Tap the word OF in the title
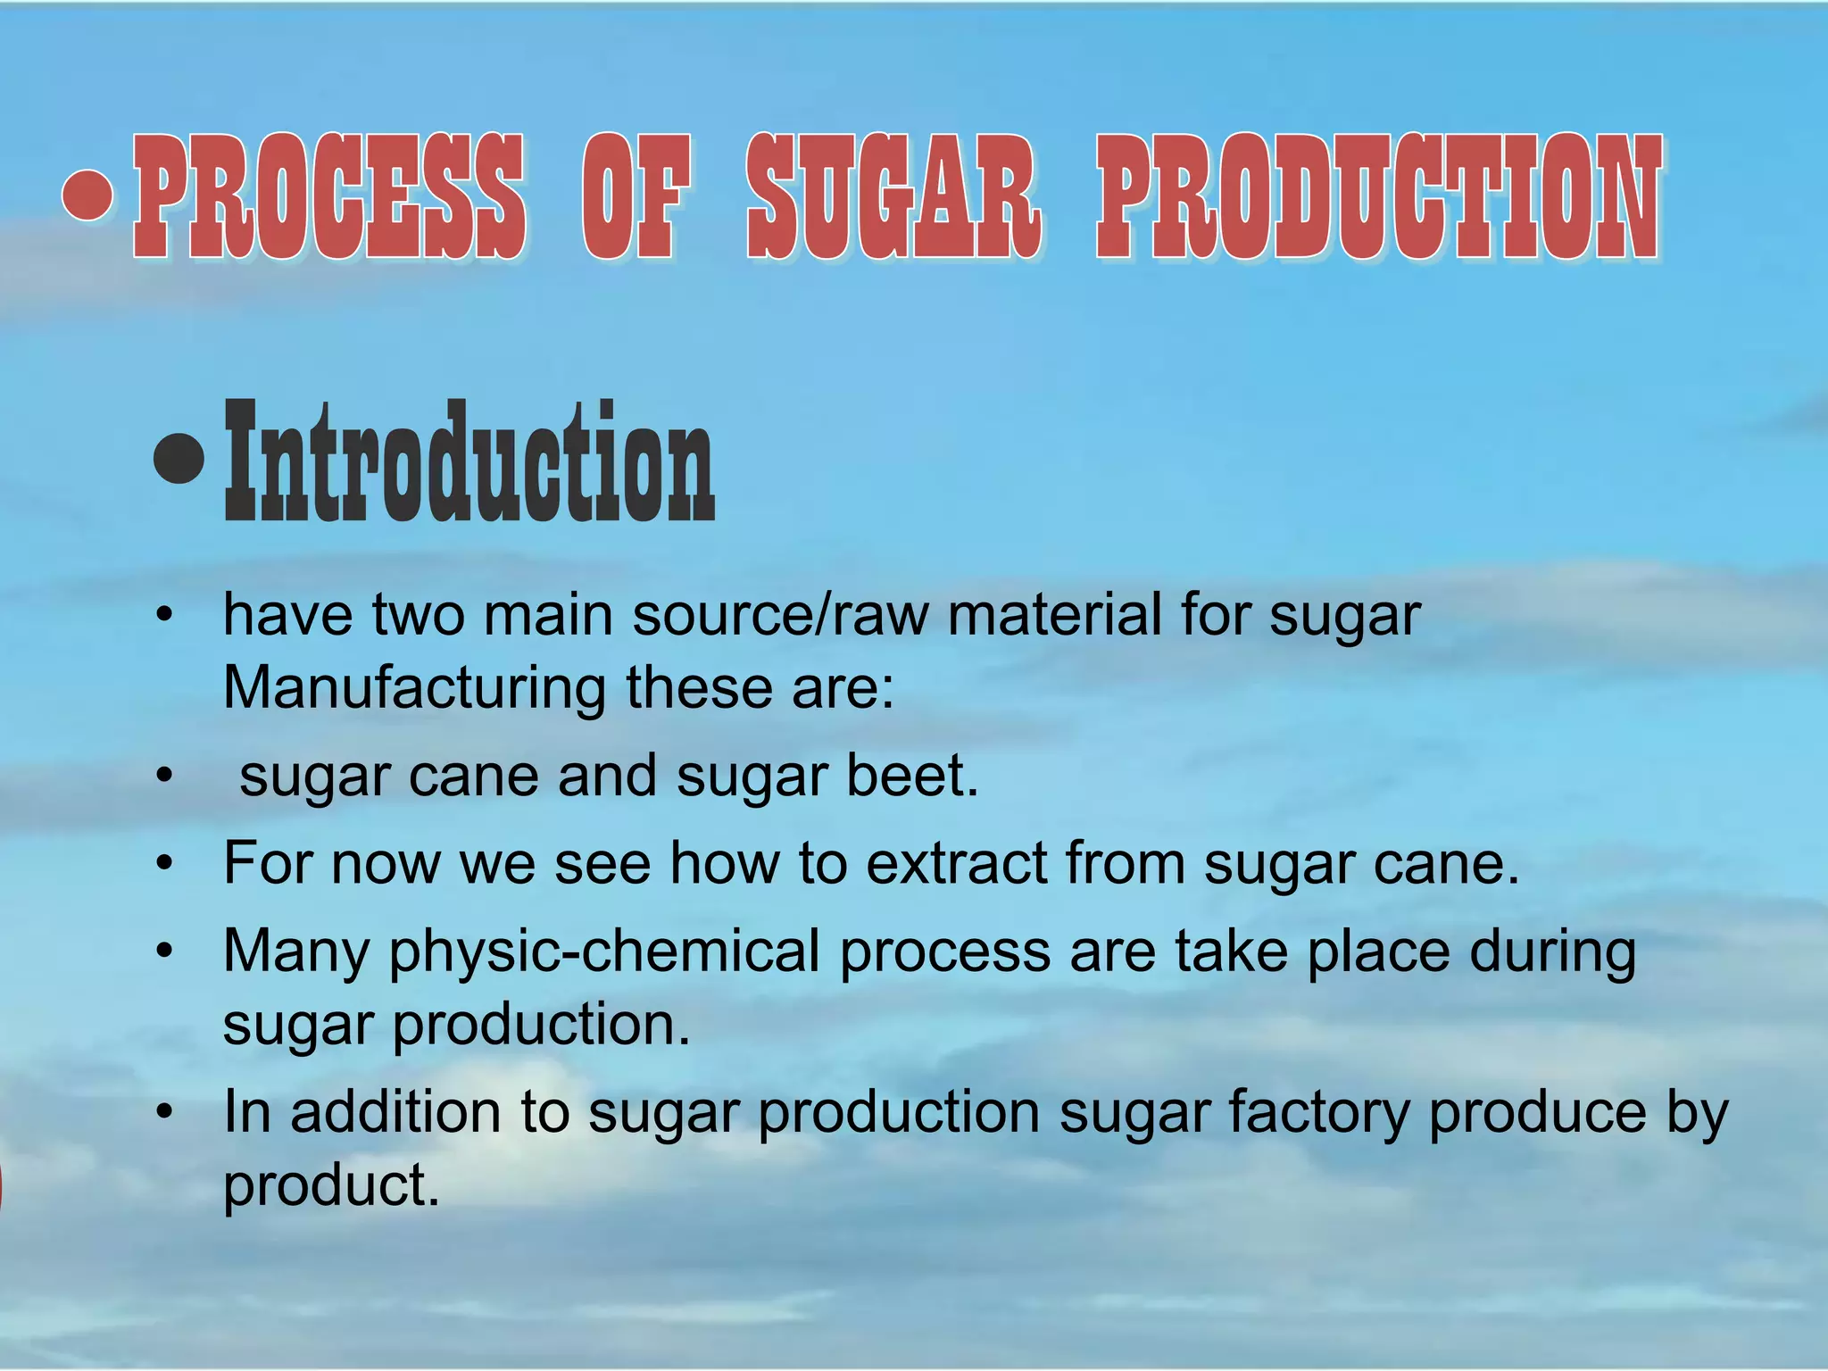(x=635, y=196)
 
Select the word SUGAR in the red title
(x=893, y=196)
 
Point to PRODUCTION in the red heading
(x=1378, y=196)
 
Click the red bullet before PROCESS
(x=88, y=195)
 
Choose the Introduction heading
(x=469, y=462)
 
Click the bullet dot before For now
(x=163, y=864)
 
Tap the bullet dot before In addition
(x=163, y=1113)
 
